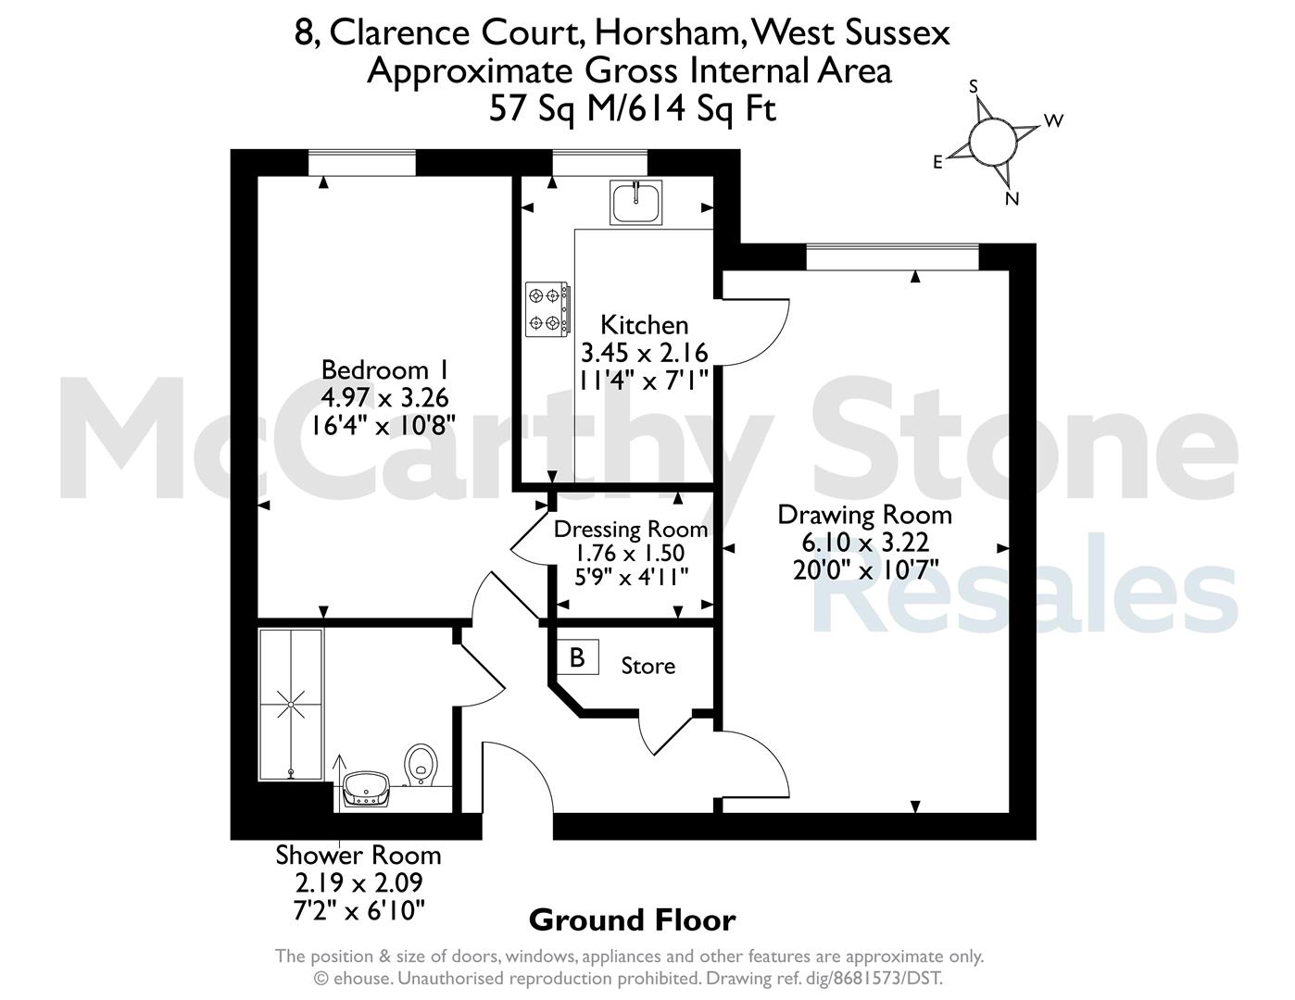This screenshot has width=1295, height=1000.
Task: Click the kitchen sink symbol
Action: coord(635,203)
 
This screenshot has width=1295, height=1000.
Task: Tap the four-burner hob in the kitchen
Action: coord(547,309)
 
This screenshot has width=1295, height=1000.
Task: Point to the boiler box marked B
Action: coord(577,657)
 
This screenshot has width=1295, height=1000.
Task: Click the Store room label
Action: coord(647,666)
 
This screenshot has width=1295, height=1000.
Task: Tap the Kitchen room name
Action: coord(644,325)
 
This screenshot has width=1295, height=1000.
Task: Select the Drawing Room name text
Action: coord(865,515)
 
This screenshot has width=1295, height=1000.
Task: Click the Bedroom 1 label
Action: coord(384,369)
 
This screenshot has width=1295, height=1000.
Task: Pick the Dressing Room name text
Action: coord(631,530)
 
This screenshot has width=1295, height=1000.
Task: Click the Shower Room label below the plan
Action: coord(358,856)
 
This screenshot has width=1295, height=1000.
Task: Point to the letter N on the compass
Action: coord(1012,199)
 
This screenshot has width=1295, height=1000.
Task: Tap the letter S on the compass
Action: coord(974,87)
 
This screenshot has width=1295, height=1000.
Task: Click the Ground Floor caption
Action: coord(633,920)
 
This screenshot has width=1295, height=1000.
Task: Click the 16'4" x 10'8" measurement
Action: coord(383,426)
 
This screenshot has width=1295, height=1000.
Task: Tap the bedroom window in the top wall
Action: coord(362,163)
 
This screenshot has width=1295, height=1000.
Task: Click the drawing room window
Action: coord(893,257)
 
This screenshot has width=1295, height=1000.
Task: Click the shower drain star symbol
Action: coord(291,705)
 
